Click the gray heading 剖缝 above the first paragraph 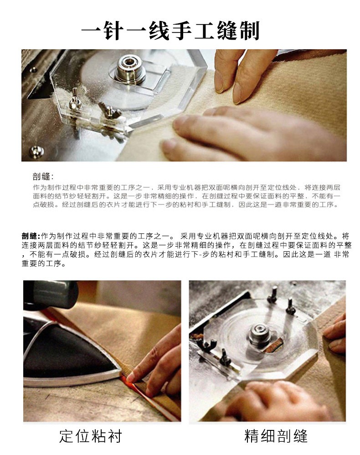click(x=41, y=176)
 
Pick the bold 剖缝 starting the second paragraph click(x=29, y=236)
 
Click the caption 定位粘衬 click(x=91, y=436)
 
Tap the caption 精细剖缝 click(x=276, y=436)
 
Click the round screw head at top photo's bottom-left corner click(x=37, y=151)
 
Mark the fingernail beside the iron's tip click(x=131, y=377)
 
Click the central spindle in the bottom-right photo click(x=258, y=334)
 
